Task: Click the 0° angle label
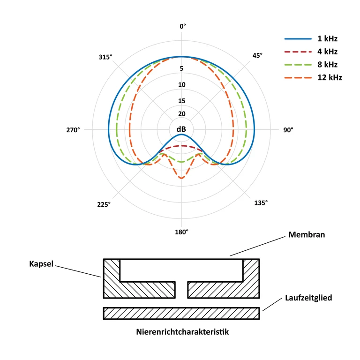click(x=183, y=26)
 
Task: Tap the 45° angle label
click(x=257, y=56)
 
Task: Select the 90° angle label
click(x=288, y=130)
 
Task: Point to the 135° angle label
click(x=261, y=203)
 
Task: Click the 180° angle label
click(x=181, y=232)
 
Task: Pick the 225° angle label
click(x=104, y=204)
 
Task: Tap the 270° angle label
click(x=73, y=130)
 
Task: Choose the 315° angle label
click(x=105, y=57)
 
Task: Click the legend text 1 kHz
click(x=327, y=38)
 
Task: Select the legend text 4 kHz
click(x=327, y=52)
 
